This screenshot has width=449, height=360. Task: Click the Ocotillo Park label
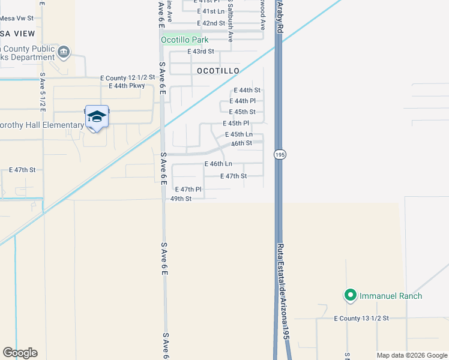[184, 40]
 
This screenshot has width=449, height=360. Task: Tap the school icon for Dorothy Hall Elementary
[96, 116]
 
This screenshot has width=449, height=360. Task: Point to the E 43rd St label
[200, 52]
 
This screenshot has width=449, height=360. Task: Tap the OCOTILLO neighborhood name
[218, 71]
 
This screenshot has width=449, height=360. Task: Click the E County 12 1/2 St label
[127, 79]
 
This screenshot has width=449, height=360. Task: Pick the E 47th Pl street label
[188, 190]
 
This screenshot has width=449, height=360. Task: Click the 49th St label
[181, 199]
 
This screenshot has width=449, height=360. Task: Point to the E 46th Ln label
[218, 164]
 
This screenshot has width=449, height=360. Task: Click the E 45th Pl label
[235, 123]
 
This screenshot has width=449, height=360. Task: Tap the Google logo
[20, 353]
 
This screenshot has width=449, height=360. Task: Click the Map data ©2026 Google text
[412, 355]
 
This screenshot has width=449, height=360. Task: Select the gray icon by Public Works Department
[64, 53]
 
